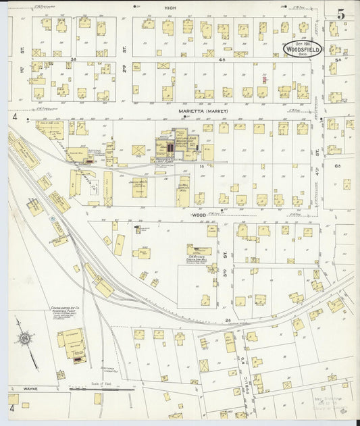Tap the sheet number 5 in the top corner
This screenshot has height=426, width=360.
click(x=341, y=14)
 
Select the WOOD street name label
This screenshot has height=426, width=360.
click(x=198, y=215)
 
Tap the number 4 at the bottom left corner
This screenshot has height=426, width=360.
click(x=11, y=408)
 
